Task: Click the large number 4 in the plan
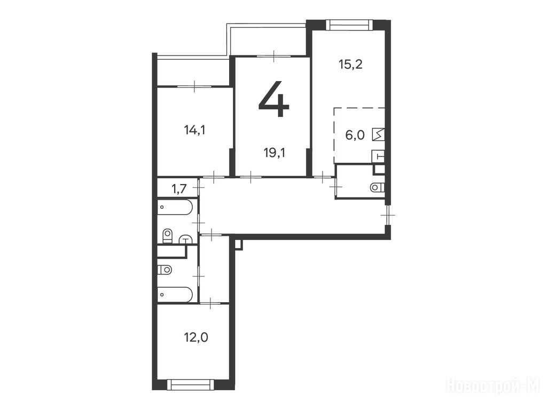pos(274,99)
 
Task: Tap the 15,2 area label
pos(350,65)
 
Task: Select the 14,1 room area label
pos(194,130)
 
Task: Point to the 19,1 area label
pos(275,153)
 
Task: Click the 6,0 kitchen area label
pos(355,135)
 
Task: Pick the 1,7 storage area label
pos(179,189)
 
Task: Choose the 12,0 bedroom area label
pos(196,337)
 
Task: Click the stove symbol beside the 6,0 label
pos(379,135)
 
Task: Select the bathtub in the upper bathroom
pos(175,208)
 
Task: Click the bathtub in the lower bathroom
pos(175,295)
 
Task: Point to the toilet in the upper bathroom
pos(168,235)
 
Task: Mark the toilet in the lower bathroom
pos(165,270)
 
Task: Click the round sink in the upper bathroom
pos(186,239)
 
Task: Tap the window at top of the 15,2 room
pos(349,25)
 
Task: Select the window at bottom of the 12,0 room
pos(191,384)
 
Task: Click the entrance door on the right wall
pos(387,215)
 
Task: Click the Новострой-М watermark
pos(493,386)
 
